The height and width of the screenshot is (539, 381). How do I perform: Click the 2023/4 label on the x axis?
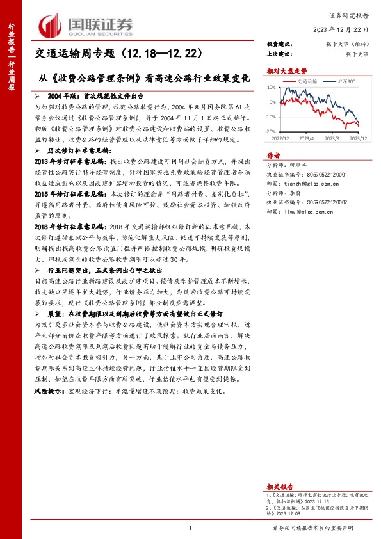pyautogui.click(x=306, y=138)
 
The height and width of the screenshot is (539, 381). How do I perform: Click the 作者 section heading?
pyautogui.click(x=273, y=156)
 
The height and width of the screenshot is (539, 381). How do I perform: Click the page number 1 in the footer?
pyautogui.click(x=191, y=528)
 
